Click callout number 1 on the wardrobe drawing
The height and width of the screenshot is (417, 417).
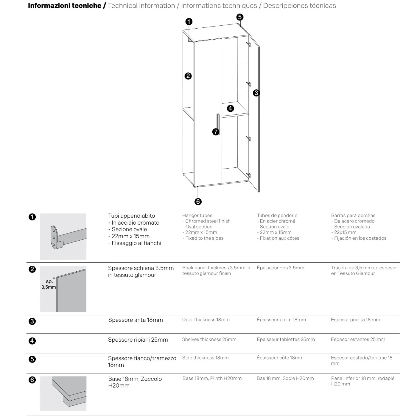[189, 21]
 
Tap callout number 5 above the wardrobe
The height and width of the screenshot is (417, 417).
[240, 17]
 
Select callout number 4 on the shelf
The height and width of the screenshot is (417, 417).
[230, 108]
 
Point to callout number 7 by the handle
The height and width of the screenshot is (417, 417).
[216, 132]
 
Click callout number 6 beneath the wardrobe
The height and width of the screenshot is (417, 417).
[198, 202]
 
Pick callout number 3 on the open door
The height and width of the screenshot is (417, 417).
[256, 93]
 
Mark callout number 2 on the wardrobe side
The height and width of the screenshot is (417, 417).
[188, 76]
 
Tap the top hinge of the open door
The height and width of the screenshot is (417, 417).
[248, 44]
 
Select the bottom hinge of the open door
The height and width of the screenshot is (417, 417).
[248, 175]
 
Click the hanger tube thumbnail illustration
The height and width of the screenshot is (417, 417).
[63, 236]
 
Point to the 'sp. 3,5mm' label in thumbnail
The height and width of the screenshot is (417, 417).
[49, 284]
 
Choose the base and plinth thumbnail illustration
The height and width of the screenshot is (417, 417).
[63, 393]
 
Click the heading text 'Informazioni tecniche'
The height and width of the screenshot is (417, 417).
[64, 6]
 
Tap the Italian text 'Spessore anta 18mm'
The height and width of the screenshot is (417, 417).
[136, 320]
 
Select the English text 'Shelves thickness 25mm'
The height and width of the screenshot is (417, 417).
[209, 339]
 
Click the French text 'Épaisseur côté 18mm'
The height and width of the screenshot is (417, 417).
[280, 358]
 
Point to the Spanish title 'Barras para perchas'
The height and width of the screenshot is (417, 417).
[353, 215]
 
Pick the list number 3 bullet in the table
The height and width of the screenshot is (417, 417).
[32, 321]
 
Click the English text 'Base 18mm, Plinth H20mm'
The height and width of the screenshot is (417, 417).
[212, 378]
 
